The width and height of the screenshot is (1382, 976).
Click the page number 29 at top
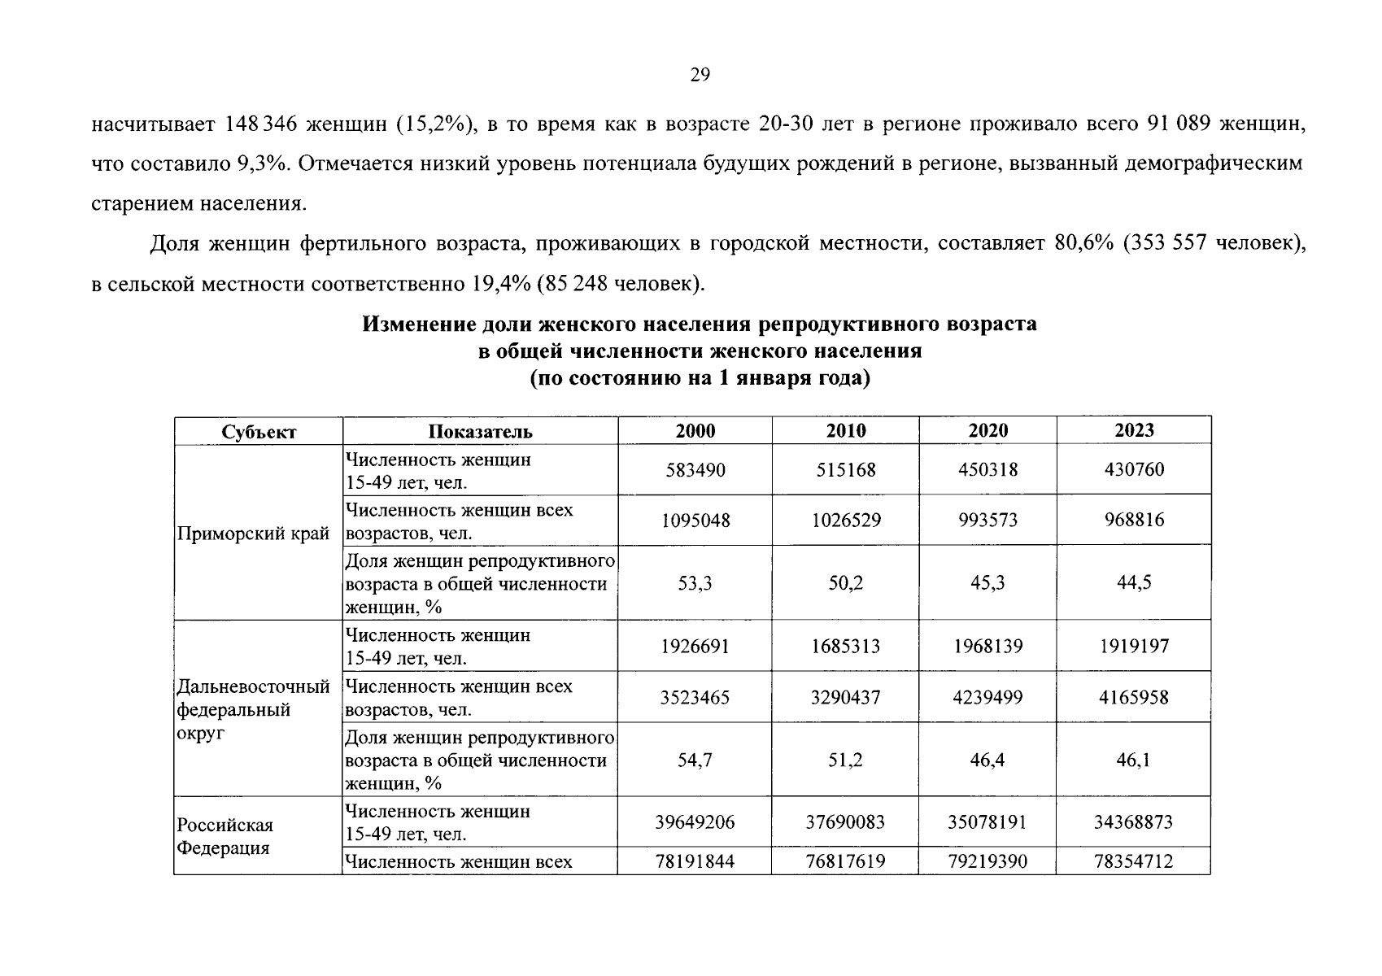(700, 76)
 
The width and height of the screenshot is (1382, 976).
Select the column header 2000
(695, 431)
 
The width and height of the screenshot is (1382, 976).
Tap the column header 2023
(1134, 430)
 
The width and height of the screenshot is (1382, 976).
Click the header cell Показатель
(480, 432)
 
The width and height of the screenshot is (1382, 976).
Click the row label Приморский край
(253, 534)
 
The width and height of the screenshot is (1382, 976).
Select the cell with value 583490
(695, 470)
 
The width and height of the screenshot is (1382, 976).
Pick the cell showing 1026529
(846, 521)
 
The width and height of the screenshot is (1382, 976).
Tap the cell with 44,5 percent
(1134, 583)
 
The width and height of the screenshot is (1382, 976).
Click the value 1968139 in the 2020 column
(987, 647)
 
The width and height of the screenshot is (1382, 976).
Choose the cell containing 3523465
(695, 698)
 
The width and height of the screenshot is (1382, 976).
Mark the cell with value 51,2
(846, 760)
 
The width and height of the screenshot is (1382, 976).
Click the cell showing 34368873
(1134, 822)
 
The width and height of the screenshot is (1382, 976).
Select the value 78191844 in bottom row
(695, 861)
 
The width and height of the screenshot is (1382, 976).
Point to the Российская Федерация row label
(225, 836)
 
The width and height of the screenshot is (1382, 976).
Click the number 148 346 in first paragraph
(261, 124)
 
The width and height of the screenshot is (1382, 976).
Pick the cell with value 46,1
(1134, 760)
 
